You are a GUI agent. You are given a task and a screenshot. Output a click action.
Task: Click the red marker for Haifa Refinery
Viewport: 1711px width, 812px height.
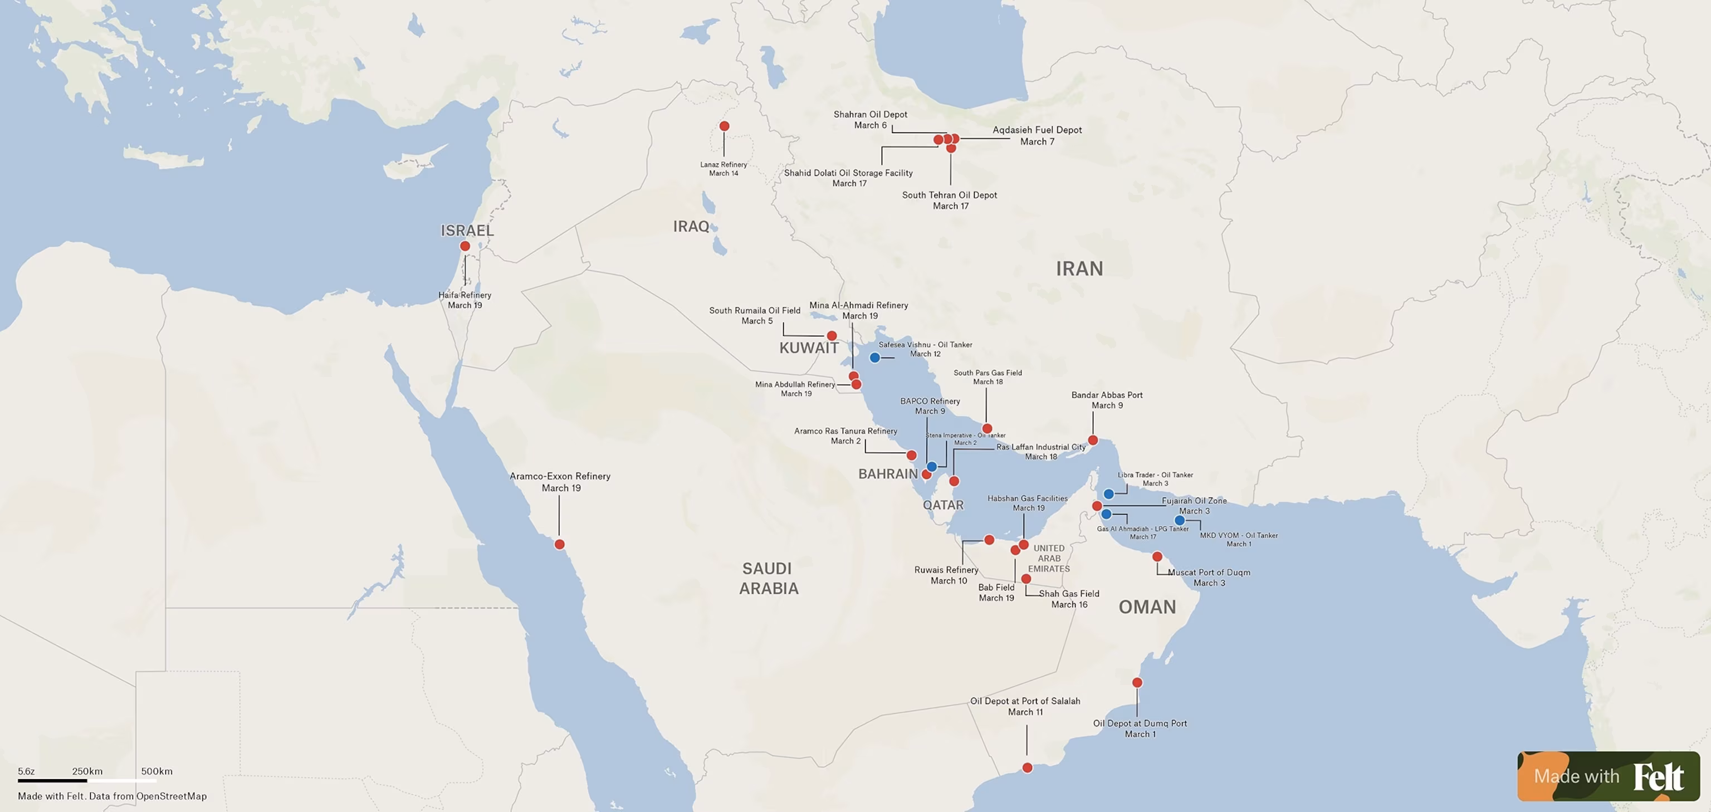click(x=465, y=246)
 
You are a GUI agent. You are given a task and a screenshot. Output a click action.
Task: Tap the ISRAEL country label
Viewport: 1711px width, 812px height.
click(x=467, y=231)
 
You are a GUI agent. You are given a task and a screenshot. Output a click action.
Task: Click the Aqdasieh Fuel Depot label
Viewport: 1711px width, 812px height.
click(x=1037, y=135)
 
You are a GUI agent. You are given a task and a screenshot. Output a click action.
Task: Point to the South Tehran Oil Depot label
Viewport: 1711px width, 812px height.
click(x=949, y=200)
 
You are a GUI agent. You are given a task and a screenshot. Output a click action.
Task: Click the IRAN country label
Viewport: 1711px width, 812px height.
click(x=1079, y=268)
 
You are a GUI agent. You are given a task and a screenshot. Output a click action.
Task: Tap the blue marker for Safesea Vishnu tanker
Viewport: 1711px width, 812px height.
click(x=875, y=357)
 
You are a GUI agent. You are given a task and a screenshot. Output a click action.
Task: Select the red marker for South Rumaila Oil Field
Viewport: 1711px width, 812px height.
click(x=832, y=336)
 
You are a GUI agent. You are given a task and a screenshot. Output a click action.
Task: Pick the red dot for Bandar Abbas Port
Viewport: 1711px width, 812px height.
click(x=1093, y=440)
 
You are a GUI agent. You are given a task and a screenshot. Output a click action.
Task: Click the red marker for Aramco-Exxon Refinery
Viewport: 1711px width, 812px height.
click(x=559, y=545)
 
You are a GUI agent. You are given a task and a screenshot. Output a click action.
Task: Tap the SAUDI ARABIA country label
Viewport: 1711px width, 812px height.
click(x=768, y=578)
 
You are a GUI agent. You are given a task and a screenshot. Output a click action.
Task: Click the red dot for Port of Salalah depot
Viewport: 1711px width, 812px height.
click(x=1027, y=768)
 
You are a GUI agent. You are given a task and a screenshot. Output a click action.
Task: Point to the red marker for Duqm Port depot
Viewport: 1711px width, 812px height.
click(x=1137, y=683)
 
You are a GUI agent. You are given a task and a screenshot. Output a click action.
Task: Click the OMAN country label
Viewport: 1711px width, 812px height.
click(x=1147, y=607)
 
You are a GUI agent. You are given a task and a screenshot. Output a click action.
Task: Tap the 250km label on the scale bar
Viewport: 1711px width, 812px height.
click(x=87, y=771)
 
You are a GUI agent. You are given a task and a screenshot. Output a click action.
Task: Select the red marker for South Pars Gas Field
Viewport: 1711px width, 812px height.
click(x=987, y=429)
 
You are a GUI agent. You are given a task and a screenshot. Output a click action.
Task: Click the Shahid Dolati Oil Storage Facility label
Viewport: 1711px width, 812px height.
click(x=848, y=178)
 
